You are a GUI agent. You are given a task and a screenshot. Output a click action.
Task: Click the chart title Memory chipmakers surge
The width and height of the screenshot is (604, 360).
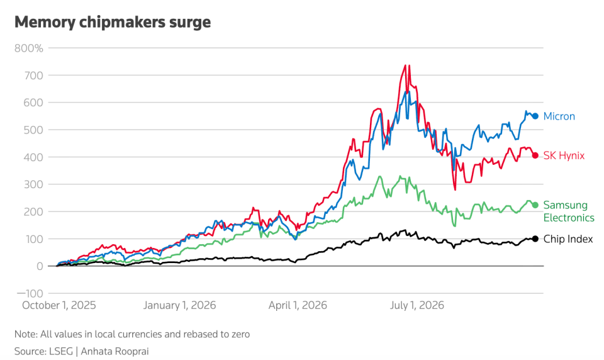pos(113,23)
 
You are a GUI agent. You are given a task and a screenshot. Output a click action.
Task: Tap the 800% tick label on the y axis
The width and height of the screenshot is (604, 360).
pos(29,48)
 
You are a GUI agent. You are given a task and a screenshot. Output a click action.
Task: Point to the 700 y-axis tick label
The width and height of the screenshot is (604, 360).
pos(34,75)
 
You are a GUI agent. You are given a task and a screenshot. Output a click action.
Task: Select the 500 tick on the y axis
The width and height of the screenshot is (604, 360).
pos(34,130)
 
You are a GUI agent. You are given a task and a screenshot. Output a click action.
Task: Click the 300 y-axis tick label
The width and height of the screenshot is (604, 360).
pos(34,184)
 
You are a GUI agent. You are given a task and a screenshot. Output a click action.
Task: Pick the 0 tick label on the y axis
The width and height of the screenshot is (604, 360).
pos(40,266)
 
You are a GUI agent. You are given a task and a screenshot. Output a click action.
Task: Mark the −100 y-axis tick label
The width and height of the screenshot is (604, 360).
pos(30,293)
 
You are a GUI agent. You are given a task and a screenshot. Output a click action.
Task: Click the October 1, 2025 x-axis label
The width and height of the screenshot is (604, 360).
pos(59,305)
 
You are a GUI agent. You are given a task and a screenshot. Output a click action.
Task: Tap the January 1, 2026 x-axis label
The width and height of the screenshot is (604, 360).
pos(180,305)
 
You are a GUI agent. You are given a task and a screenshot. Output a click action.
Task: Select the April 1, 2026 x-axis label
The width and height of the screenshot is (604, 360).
pos(298,305)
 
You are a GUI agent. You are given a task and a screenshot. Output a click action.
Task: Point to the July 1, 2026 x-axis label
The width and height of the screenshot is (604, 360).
pos(417,305)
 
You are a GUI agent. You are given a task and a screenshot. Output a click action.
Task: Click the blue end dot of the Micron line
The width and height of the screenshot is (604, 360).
pos(535,116)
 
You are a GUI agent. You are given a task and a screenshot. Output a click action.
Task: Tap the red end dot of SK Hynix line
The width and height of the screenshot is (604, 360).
pos(535,155)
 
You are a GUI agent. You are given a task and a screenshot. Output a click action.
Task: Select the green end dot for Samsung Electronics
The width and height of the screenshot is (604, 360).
pos(535,205)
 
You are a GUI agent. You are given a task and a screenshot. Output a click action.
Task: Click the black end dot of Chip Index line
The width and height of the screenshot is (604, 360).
pos(535,239)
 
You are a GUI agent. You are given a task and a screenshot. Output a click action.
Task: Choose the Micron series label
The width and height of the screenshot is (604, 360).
pos(559,116)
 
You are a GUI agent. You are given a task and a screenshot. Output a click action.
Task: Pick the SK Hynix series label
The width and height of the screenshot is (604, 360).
pos(564,155)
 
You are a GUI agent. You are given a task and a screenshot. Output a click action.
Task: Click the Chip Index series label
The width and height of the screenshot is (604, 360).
pos(568,239)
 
